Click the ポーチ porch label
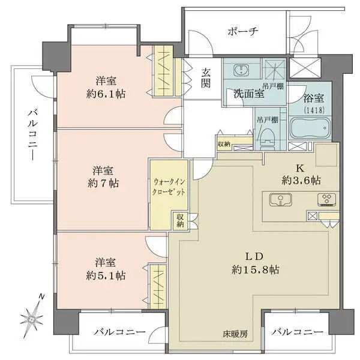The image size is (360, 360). click(x=243, y=32)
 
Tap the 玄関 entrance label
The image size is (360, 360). click(x=206, y=78)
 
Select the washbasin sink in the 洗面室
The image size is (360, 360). click(x=241, y=70)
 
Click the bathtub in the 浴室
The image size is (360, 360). click(x=310, y=128)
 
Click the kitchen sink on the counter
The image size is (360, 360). click(x=281, y=200)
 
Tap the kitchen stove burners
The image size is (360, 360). click(x=327, y=200)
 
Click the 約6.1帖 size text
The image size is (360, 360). click(x=106, y=94)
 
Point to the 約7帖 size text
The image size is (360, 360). click(x=103, y=184)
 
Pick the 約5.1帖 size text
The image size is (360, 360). click(x=106, y=275)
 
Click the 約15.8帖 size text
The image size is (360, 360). click(x=256, y=269)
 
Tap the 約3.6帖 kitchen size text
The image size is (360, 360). click(x=301, y=181)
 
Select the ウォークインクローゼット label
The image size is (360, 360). click(x=169, y=187)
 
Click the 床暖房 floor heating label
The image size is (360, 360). click(x=235, y=334)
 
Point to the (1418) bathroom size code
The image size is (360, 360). click(x=314, y=110)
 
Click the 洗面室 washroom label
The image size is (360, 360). click(x=249, y=94)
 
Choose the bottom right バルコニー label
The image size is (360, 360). click(x=298, y=332)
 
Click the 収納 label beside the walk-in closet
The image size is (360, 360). click(x=180, y=220)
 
